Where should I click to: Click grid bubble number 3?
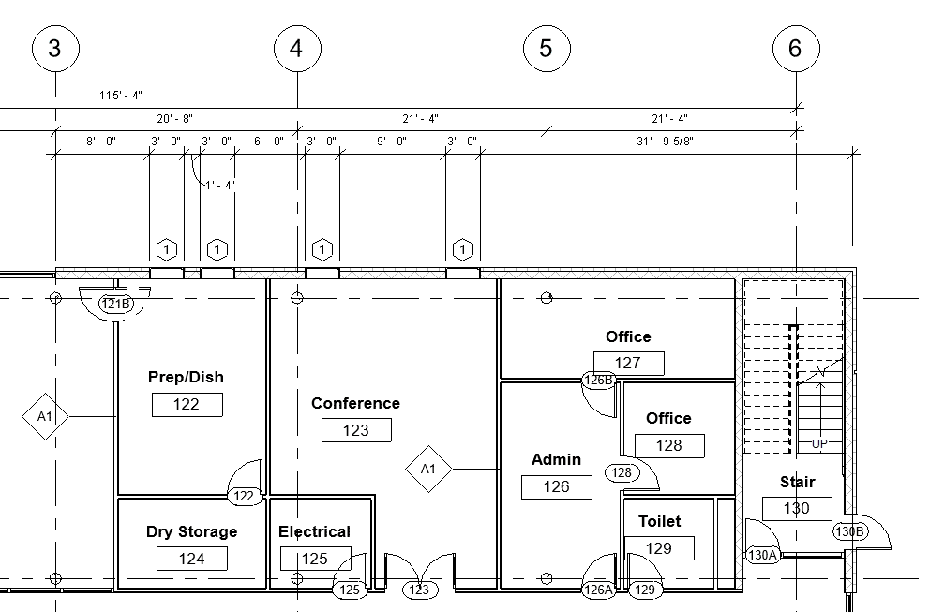tap(54, 48)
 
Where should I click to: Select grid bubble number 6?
tap(796, 48)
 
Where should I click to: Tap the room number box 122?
tap(187, 404)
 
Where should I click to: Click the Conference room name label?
tap(355, 403)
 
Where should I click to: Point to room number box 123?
tap(356, 430)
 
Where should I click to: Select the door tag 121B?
tap(116, 305)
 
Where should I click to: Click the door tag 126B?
tap(598, 381)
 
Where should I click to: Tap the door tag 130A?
tap(763, 555)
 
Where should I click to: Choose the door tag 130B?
tap(849, 531)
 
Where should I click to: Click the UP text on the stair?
tap(819, 443)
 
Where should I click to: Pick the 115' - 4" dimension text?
tap(120, 96)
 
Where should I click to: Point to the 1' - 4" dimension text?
tap(219, 185)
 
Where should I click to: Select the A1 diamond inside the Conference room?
tap(428, 468)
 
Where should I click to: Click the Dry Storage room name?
tap(191, 531)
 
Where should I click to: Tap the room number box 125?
tap(315, 559)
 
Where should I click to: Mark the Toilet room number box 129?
tap(659, 547)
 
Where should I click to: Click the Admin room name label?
tap(556, 459)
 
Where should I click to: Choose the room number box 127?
tap(628, 363)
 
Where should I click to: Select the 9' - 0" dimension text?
tap(391, 142)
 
